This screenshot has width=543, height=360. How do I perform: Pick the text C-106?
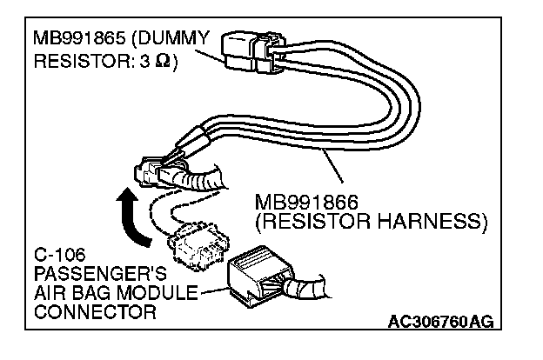coord(55,257)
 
